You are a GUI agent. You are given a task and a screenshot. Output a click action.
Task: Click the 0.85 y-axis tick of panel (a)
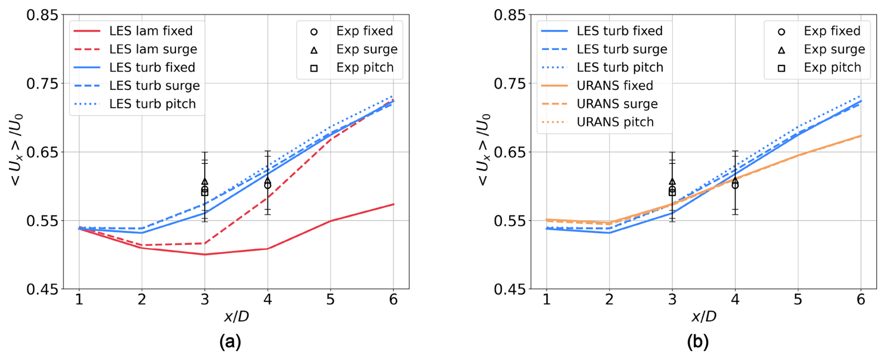[x=42, y=15]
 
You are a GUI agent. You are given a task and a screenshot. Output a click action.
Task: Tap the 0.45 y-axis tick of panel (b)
[x=510, y=289]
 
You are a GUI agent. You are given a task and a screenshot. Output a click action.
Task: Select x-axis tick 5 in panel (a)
[x=331, y=300]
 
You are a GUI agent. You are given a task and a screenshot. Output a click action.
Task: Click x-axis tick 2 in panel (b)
[x=609, y=300]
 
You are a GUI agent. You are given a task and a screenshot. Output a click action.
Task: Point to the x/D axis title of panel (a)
[x=236, y=317]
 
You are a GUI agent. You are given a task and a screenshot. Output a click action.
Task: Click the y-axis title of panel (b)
[x=483, y=150]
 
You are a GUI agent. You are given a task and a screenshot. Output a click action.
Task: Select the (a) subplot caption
[x=230, y=342]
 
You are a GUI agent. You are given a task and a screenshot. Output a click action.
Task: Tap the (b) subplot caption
[x=697, y=342]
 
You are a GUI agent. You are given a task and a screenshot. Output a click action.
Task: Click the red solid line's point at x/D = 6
[x=393, y=204]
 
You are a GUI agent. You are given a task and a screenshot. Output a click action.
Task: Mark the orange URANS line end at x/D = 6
[x=861, y=136]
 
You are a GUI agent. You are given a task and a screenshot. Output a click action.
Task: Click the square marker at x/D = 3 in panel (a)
[x=205, y=192]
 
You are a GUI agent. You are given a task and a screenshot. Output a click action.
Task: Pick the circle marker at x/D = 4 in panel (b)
[x=735, y=185]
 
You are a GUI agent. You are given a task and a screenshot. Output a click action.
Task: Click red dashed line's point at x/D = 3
[x=205, y=243]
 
